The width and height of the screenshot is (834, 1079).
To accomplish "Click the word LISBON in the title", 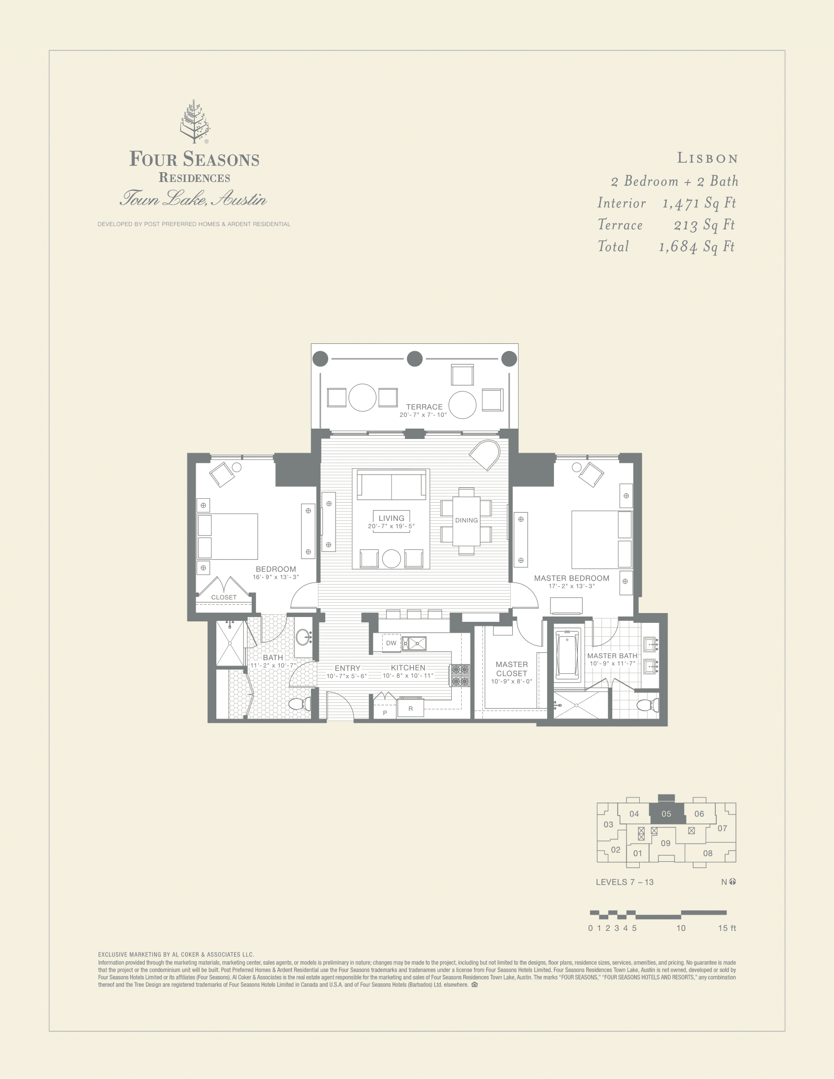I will tap(707, 158).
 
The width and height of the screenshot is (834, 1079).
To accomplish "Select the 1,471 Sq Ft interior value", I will tap(699, 203).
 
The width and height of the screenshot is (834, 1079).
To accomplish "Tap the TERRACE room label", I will tap(424, 407).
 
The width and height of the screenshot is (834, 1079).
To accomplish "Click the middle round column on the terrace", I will tap(415, 359).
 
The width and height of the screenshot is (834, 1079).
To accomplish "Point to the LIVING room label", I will tap(391, 518).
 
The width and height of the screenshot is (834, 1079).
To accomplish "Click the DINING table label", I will tap(467, 520).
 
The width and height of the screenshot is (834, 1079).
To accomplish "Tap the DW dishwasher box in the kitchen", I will tap(391, 643).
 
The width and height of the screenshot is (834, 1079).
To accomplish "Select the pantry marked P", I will tap(385, 713).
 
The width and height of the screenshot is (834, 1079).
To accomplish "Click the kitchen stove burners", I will tap(459, 675).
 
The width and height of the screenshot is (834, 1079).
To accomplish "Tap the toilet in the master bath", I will tap(647, 704).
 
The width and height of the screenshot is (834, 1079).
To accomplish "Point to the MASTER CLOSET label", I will tap(512, 669).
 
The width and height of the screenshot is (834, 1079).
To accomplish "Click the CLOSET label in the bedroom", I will tap(224, 597).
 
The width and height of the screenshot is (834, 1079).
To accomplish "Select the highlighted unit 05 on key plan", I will tap(666, 814).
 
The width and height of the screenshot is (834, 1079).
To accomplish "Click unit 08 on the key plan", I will tap(707, 853).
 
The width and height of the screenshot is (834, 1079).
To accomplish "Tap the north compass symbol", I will tap(732, 881).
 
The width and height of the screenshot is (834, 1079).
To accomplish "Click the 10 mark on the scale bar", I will tap(681, 928).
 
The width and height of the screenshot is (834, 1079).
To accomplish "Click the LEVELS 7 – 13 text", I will tap(625, 882).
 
